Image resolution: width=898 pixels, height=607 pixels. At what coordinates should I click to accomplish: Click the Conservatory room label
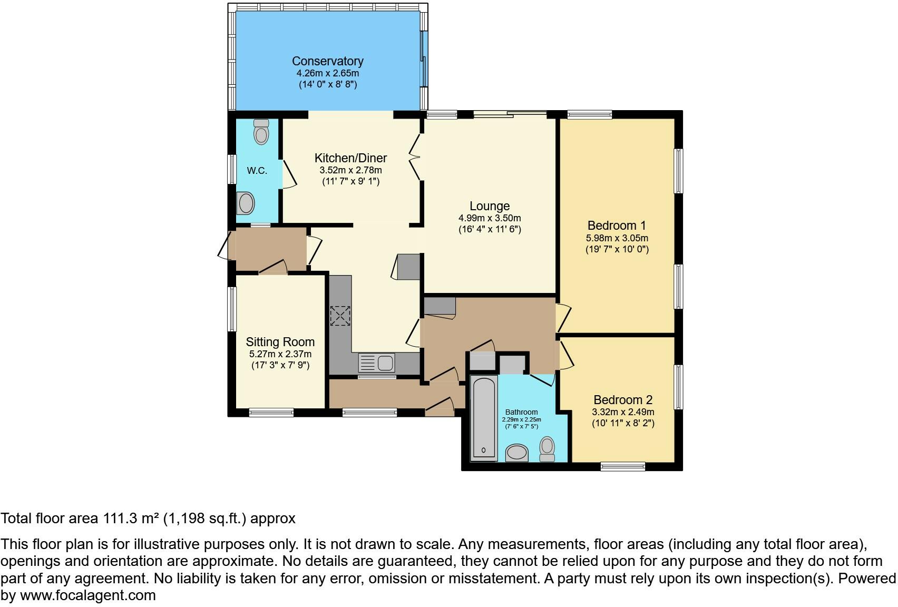328,61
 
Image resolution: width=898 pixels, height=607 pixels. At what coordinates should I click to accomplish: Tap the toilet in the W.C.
261,132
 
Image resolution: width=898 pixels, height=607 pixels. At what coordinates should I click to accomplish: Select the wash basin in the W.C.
246,203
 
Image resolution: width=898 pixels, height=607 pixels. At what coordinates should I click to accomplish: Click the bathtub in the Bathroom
484,418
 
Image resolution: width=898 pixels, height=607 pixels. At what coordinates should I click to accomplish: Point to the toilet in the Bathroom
547,449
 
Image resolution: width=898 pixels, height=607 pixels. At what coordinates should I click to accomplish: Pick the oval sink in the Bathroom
517,453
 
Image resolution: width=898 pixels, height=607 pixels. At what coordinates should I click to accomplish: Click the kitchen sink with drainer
376,363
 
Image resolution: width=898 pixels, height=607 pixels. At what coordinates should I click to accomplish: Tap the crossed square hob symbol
340,316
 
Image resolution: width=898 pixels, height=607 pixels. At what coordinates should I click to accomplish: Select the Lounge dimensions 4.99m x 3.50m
490,218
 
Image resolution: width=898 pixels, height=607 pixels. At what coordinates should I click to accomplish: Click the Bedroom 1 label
617,226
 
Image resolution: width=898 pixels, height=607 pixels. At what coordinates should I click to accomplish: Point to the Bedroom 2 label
623,400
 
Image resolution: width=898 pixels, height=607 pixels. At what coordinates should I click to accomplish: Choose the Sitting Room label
280,342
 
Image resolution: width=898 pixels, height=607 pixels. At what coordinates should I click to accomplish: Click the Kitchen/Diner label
350,158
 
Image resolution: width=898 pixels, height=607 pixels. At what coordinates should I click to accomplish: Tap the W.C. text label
257,171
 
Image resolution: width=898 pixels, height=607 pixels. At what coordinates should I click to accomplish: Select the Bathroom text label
521,412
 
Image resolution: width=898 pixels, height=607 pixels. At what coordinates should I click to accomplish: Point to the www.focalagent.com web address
88,595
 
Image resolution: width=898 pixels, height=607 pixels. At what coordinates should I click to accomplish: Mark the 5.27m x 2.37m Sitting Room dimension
280,354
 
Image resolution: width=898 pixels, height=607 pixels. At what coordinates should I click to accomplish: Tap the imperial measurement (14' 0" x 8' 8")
328,85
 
